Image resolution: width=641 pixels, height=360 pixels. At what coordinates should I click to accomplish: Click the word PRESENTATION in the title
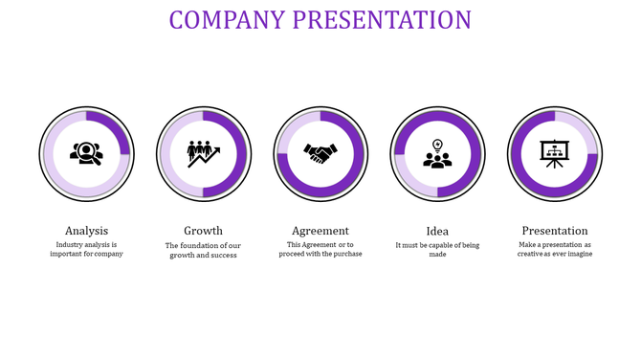click(383, 20)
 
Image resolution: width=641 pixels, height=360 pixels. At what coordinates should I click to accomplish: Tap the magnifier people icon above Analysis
click(86, 153)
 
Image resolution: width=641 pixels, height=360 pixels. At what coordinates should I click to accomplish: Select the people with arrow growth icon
click(203, 153)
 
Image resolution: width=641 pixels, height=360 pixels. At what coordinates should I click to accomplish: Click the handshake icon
click(320, 153)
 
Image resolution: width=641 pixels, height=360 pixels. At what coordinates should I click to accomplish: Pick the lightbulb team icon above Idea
click(437, 154)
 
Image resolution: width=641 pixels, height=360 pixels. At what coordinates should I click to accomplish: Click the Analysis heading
click(86, 231)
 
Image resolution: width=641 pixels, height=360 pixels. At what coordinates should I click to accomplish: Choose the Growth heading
click(203, 231)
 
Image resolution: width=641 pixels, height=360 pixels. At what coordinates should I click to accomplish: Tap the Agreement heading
click(320, 231)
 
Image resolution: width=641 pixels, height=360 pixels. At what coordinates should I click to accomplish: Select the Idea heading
click(437, 231)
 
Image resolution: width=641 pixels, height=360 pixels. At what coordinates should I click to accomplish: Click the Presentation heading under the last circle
click(555, 231)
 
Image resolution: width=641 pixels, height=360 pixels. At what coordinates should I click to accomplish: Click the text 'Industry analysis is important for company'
click(86, 249)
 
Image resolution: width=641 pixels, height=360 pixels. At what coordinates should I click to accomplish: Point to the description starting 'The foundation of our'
click(203, 250)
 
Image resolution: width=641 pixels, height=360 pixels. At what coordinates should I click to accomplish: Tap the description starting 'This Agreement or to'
click(320, 249)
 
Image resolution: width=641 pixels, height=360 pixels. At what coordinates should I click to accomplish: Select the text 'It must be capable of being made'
click(437, 249)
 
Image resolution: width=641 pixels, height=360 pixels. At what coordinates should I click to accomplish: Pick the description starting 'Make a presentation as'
click(555, 249)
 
